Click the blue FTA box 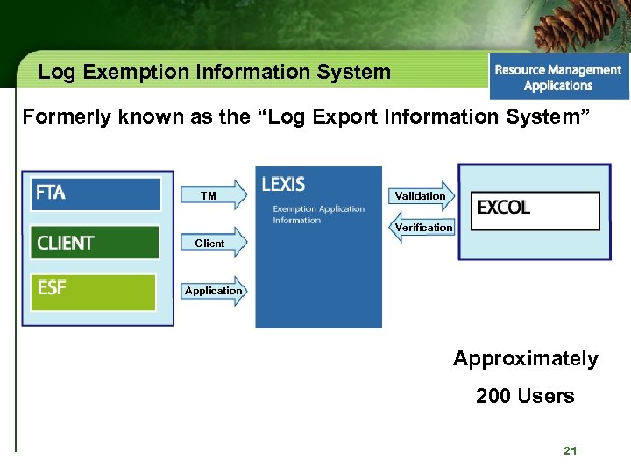tap(96, 194)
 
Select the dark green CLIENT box tap(96, 243)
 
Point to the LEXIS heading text tap(283, 185)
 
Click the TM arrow tap(214, 195)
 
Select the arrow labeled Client tap(214, 243)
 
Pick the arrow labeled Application tap(214, 291)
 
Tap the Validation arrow tap(421, 195)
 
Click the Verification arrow tap(422, 228)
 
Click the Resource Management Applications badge tap(558, 77)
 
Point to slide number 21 tap(570, 451)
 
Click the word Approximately tap(525, 359)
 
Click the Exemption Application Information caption tap(317, 215)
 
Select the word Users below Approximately tap(545, 396)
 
